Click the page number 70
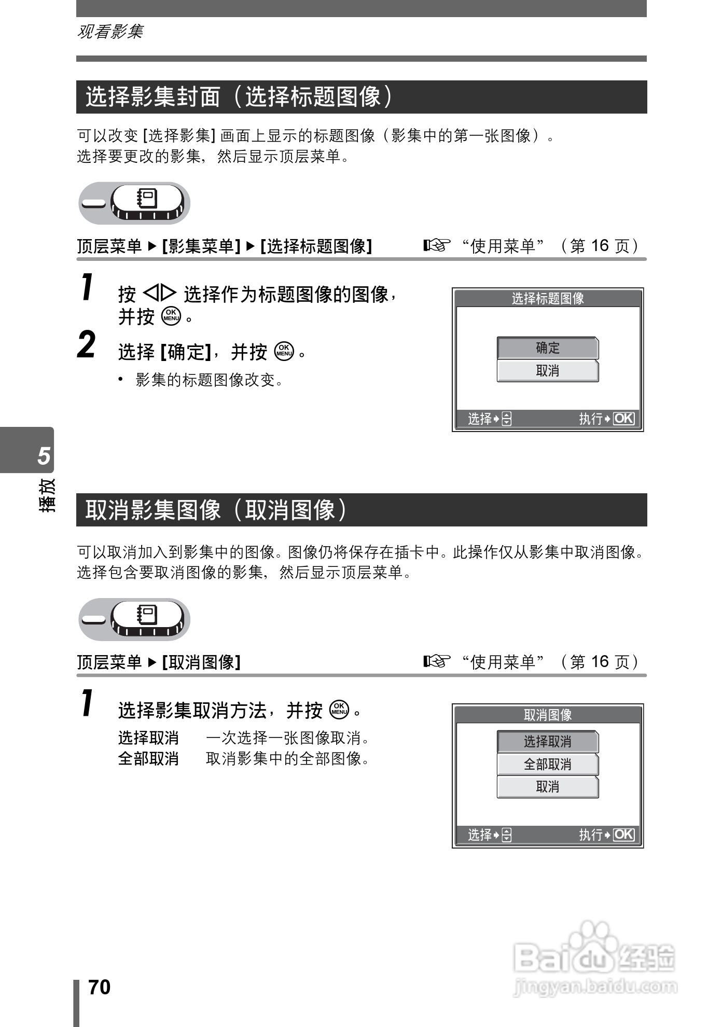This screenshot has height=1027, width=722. tap(100, 988)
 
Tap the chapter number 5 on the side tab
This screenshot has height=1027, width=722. tap(44, 455)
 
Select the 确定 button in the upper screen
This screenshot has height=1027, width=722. tap(548, 348)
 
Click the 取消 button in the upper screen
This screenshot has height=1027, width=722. tap(548, 371)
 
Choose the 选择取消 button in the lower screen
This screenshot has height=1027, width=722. tap(548, 742)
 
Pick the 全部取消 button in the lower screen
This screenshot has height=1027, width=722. tap(548, 765)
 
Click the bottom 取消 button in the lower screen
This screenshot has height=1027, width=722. tap(548, 787)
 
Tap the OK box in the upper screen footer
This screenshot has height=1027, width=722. tap(623, 419)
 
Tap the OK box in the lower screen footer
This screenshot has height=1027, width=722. tap(623, 835)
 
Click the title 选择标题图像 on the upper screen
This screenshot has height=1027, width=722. tap(548, 299)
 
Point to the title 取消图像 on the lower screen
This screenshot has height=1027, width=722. tap(548, 715)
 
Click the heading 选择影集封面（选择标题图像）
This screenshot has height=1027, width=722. tap(240, 97)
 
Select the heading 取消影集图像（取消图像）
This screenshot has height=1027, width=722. tap(216, 510)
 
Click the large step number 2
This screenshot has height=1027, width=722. tap(87, 346)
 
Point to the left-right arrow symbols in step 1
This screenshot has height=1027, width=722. tap(160, 294)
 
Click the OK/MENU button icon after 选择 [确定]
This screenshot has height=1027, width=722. tap(284, 352)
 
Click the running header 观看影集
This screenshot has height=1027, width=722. tap(110, 32)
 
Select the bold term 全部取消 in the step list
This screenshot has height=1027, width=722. tap(148, 759)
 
